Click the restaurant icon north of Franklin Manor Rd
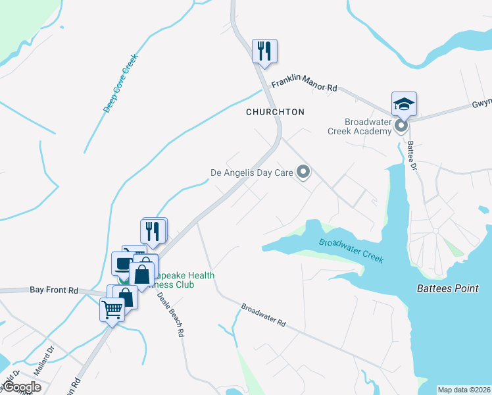pos(264,51)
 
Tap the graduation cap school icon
pos(404,103)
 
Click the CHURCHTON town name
pos(275,112)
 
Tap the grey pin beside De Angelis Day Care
pos(303,172)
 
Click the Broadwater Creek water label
pos(351,251)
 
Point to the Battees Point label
pos(453,288)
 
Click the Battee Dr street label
pos(412,155)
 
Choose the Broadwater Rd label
pos(264,316)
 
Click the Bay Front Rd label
pos(54,290)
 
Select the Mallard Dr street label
pos(43,368)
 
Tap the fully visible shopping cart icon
pos(112,309)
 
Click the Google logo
pos(22,387)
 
